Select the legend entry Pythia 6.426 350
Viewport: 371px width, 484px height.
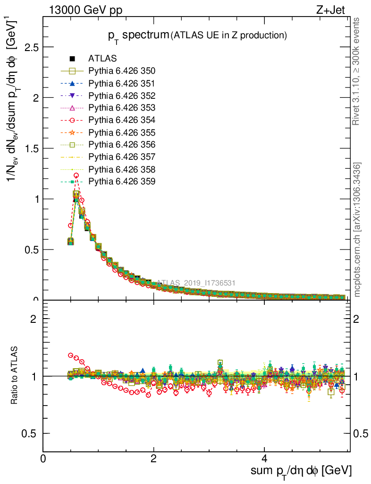(x=122, y=71)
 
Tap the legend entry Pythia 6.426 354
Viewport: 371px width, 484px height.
(x=122, y=120)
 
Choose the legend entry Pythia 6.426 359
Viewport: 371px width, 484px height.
(x=122, y=181)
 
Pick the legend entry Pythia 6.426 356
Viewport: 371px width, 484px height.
(x=122, y=145)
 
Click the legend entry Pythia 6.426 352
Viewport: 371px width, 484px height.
(x=122, y=96)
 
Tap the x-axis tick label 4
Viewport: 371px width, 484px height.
(x=264, y=458)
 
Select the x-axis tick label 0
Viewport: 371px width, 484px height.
(x=43, y=458)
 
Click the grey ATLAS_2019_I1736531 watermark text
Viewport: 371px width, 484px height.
(x=196, y=283)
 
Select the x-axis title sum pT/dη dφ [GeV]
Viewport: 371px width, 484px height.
(x=301, y=471)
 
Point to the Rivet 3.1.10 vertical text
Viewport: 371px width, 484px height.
(x=357, y=71)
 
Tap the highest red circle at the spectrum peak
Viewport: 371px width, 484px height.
(x=76, y=175)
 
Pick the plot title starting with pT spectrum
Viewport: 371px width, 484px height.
(x=196, y=35)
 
